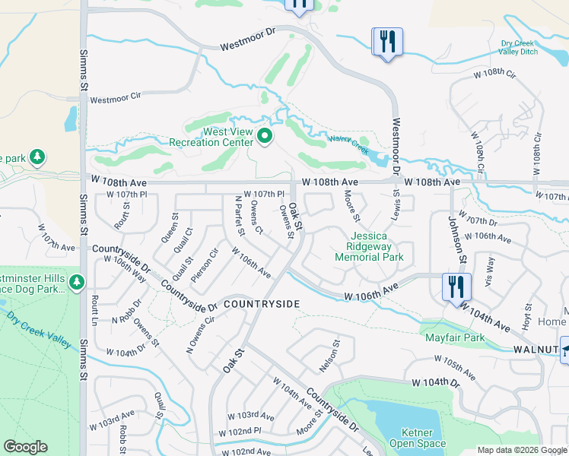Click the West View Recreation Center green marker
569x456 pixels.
click(265, 137)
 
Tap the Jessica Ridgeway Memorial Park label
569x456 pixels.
click(369, 247)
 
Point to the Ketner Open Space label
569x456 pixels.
click(417, 438)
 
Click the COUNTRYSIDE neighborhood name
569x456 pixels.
click(262, 304)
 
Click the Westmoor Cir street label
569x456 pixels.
click(116, 99)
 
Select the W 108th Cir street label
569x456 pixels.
click(495, 75)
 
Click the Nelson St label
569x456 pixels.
click(329, 356)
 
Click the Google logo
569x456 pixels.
click(26, 447)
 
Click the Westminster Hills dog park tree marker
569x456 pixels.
click(76, 283)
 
